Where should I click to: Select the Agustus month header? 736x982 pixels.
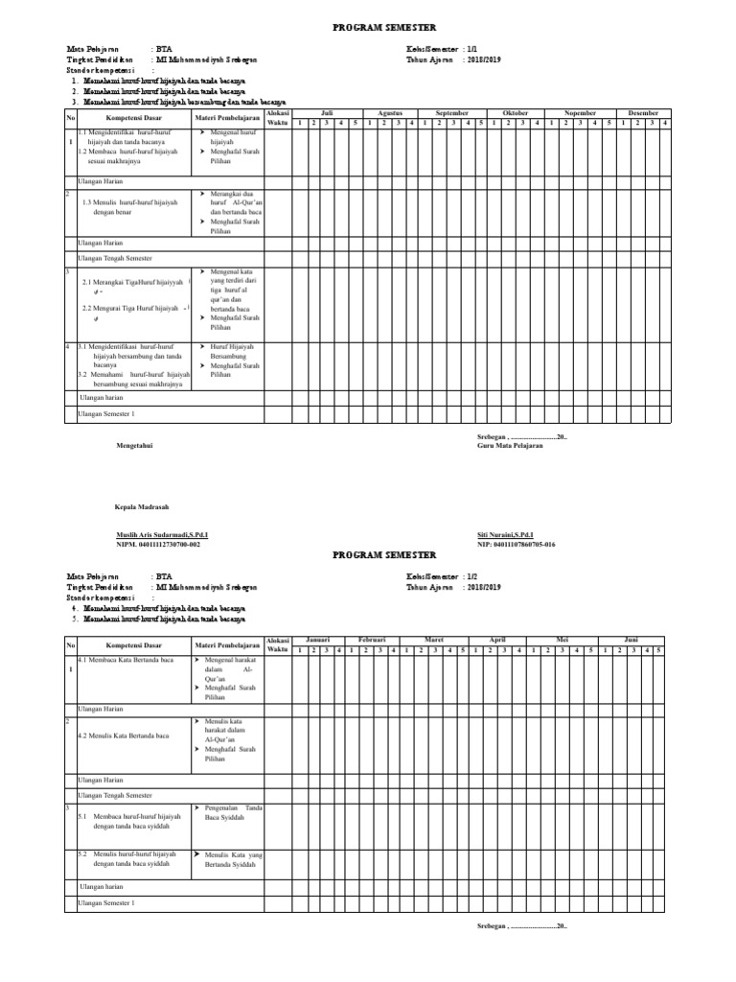click(389, 113)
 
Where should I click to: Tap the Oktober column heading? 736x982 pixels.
click(516, 113)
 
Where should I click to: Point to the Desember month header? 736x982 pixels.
click(643, 113)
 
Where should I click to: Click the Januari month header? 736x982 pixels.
click(318, 639)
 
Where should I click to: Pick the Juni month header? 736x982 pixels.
click(631, 639)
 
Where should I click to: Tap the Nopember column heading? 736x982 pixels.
click(580, 113)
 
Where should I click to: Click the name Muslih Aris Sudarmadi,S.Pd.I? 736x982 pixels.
click(162, 534)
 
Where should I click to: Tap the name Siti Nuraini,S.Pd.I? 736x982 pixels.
click(505, 534)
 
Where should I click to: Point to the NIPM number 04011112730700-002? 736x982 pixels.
click(158, 544)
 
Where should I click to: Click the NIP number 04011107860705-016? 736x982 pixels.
click(516, 544)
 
